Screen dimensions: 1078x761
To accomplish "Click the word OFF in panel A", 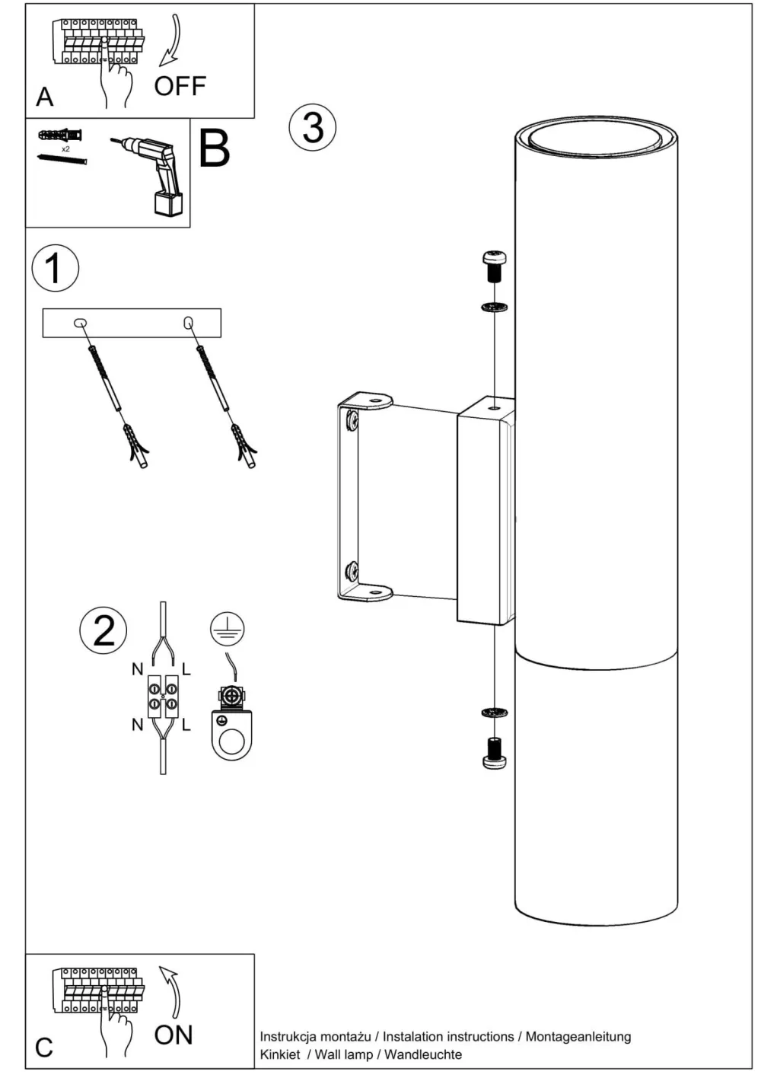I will [x=180, y=86].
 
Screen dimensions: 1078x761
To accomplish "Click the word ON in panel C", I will [x=174, y=1035].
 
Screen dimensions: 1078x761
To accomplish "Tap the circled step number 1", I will [x=55, y=268].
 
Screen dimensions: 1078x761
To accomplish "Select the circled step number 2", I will [x=103, y=631].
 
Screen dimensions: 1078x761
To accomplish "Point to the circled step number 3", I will [x=312, y=127].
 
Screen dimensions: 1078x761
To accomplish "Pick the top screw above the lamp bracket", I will [x=495, y=266].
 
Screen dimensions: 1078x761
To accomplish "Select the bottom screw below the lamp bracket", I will [x=495, y=752].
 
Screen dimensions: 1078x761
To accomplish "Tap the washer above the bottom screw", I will [x=495, y=713].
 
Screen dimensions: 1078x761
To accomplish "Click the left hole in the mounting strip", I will [x=81, y=323].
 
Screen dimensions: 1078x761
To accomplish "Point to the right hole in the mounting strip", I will [x=188, y=323].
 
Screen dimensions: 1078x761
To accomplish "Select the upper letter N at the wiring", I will [x=137, y=669].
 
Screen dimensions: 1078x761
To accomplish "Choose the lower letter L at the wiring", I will [x=186, y=725].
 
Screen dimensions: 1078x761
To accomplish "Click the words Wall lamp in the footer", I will [x=344, y=1054].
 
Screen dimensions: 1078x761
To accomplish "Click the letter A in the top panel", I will [x=45, y=97].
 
